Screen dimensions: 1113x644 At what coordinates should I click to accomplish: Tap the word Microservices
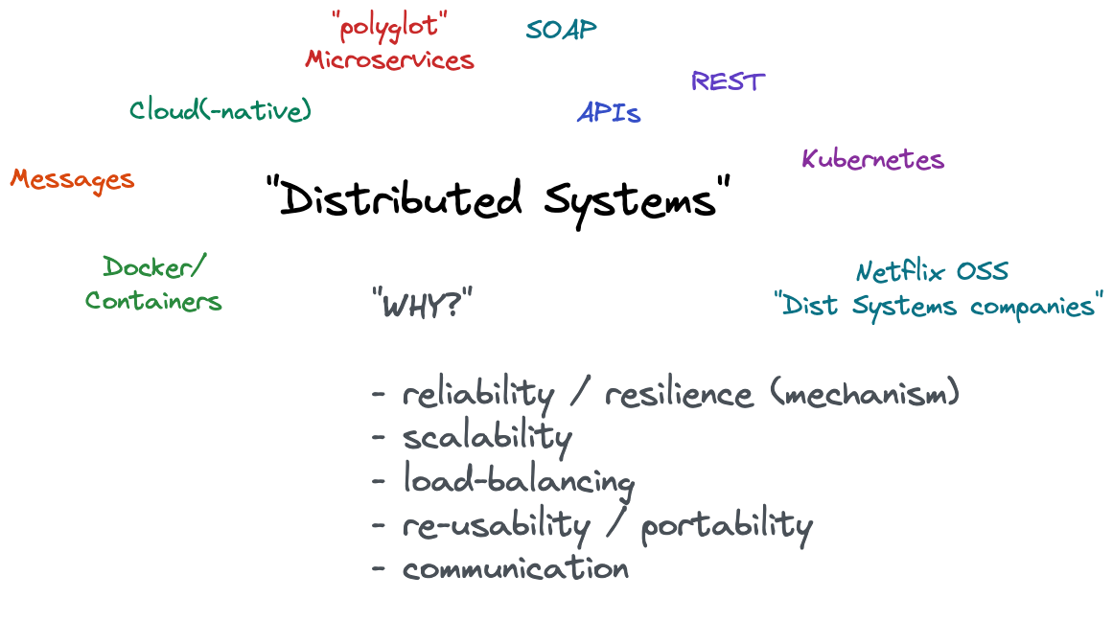[389, 59]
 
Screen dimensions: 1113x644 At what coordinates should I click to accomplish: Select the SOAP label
[561, 30]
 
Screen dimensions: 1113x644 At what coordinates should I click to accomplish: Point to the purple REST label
[728, 81]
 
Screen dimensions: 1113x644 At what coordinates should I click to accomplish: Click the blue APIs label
[609, 113]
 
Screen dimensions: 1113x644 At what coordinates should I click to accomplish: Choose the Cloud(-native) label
[220, 110]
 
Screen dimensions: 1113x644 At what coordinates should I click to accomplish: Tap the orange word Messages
[72, 179]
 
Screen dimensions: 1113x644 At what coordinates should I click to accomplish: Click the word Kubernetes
[872, 159]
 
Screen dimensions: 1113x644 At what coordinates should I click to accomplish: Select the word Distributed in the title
[403, 200]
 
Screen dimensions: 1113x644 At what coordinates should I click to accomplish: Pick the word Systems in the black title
[633, 200]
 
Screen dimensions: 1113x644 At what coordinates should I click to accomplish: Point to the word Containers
[153, 301]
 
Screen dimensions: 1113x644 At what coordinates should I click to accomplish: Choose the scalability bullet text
[487, 438]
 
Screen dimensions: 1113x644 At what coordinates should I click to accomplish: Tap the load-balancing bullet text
[518, 481]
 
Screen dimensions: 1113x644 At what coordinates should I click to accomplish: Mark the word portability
[727, 525]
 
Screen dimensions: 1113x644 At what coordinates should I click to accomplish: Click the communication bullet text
[516, 568]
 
